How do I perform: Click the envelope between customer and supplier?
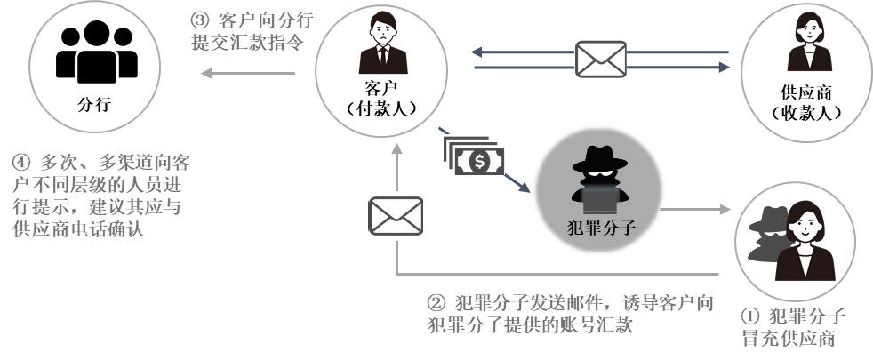pyautogui.click(x=601, y=59)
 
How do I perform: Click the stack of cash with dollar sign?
pyautogui.click(x=476, y=158)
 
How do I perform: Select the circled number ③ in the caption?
pyautogui.click(x=201, y=19)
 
